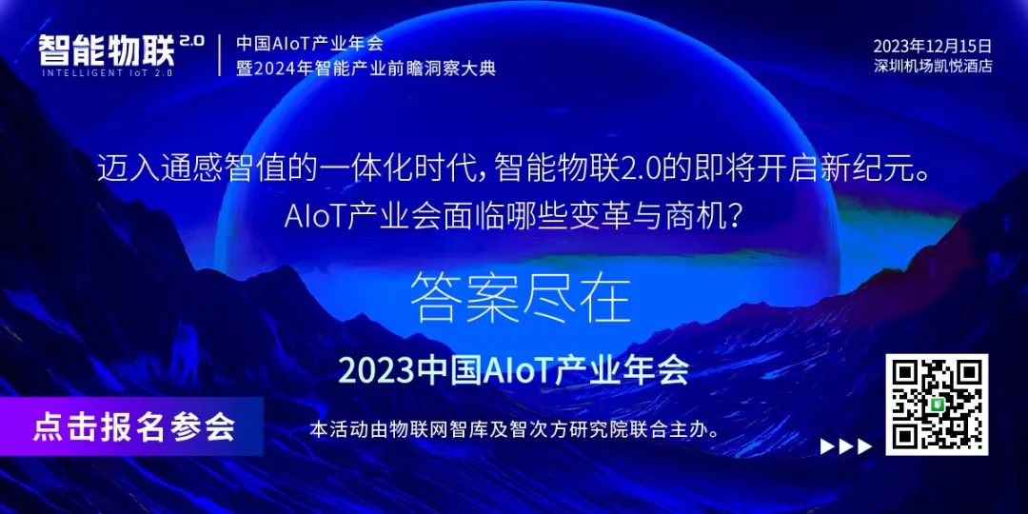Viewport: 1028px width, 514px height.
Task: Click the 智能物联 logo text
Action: click(107, 50)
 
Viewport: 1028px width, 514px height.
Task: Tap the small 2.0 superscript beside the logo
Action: click(191, 41)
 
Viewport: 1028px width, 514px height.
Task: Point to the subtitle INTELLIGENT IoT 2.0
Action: click(107, 73)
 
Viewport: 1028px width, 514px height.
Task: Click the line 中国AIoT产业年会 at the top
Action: click(309, 44)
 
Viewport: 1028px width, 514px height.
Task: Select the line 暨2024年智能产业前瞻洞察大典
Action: click(366, 69)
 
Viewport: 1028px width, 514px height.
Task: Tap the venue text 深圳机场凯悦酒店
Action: click(933, 67)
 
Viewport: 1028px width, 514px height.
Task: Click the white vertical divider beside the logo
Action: click(220, 56)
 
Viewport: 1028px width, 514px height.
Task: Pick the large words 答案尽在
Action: click(521, 298)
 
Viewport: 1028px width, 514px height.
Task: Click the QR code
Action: click(937, 405)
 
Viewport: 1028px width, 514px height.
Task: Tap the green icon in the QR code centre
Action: click(937, 405)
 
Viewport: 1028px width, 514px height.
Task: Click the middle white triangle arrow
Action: click(846, 447)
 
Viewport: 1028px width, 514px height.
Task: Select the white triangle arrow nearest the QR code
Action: click(864, 447)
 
